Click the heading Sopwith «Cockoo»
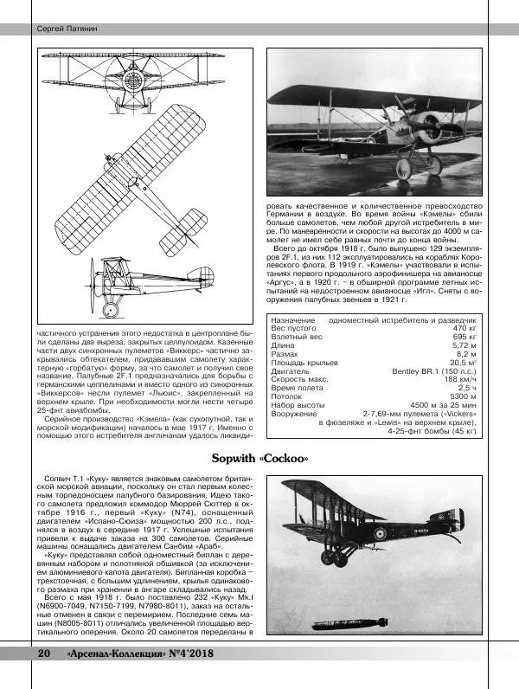259,458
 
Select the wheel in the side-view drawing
110,308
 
